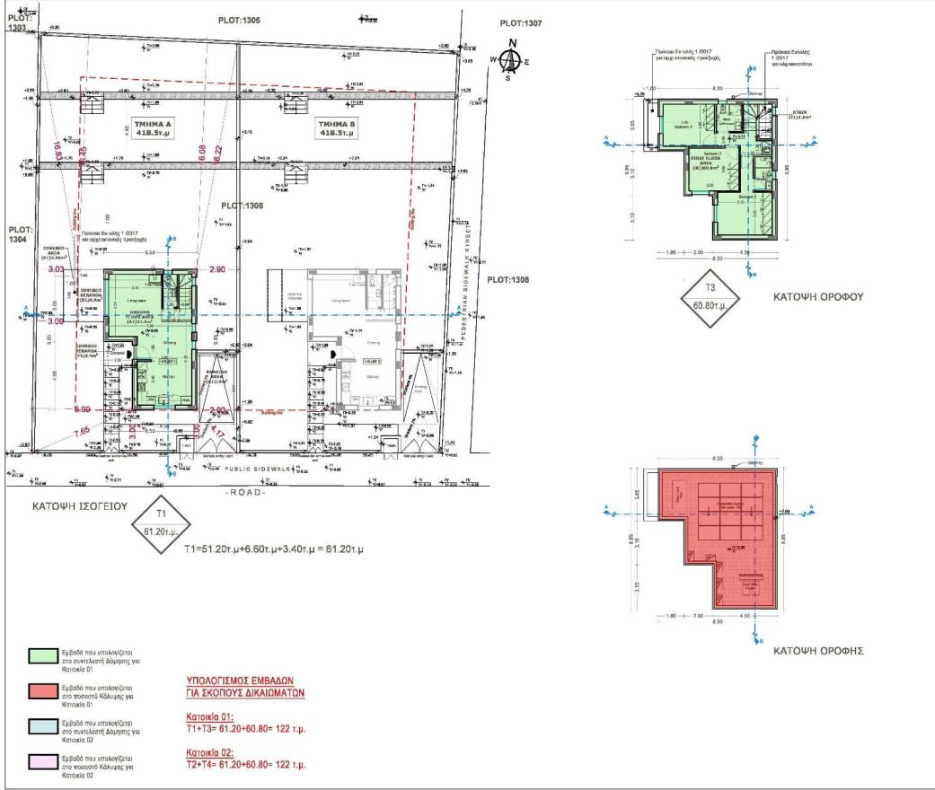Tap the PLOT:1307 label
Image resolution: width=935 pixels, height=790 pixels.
524,24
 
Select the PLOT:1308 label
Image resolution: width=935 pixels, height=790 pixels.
509,280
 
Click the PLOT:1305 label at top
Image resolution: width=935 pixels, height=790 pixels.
239,20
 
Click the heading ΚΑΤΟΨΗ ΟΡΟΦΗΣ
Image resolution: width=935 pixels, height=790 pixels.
818,651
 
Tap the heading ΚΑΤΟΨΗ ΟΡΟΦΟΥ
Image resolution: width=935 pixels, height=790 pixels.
818,296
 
